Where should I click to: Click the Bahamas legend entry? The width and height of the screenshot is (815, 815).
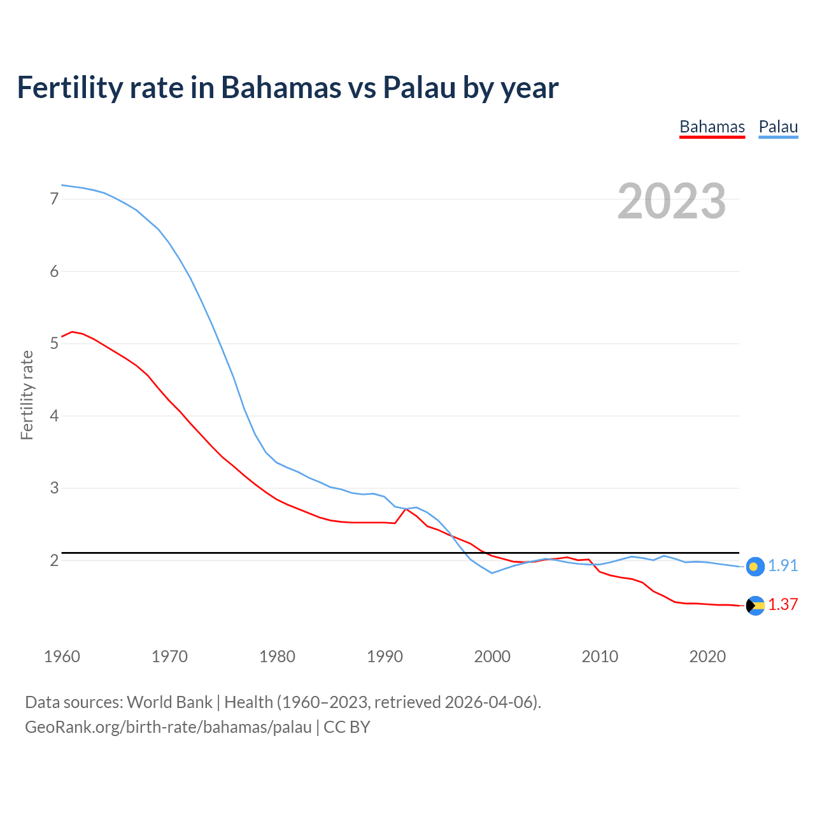tap(712, 127)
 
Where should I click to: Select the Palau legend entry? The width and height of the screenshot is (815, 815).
tap(778, 127)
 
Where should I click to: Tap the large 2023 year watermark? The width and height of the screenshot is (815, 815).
tap(672, 201)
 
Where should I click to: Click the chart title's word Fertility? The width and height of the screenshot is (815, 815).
tap(67, 87)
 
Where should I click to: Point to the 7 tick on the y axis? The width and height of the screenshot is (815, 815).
tap(54, 199)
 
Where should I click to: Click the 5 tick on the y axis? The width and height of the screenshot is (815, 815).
tap(54, 344)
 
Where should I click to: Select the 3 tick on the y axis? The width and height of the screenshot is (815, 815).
tap(54, 488)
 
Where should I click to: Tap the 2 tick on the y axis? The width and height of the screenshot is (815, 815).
tap(54, 560)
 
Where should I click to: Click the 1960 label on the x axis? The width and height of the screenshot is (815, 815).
tap(62, 656)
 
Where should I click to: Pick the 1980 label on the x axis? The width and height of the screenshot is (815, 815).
tap(277, 656)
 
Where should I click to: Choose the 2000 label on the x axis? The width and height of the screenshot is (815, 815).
tap(492, 656)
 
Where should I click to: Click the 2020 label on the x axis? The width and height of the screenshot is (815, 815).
tap(707, 656)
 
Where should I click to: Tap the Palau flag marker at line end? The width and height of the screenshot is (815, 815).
tap(755, 566)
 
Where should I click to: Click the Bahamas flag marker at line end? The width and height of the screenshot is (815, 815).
tap(755, 606)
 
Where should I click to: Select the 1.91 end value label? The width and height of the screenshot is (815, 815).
tap(783, 566)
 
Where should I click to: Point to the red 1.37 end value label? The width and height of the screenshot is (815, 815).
tap(783, 605)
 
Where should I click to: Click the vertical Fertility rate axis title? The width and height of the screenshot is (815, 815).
tap(27, 395)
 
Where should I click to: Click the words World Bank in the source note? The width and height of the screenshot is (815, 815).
tap(169, 702)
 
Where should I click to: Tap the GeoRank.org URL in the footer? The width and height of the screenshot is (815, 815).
tap(168, 727)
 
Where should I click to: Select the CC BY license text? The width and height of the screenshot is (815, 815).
tap(347, 727)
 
